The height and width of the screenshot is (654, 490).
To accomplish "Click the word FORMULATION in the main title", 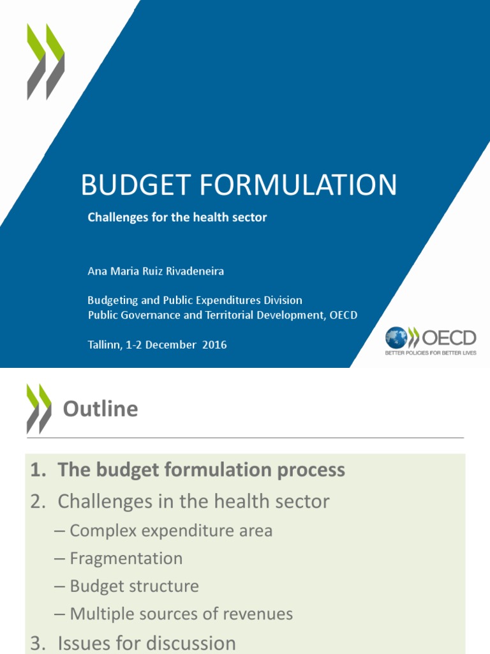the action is [x=298, y=185].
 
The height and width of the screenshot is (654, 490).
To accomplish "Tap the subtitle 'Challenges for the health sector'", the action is [x=177, y=217].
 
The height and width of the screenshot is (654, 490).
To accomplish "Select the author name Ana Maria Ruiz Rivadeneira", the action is [x=156, y=271].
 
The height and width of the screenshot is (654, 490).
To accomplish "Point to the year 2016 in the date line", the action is [x=214, y=344].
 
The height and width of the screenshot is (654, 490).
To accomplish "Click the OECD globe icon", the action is [x=396, y=337].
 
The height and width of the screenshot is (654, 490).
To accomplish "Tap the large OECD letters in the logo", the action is [x=449, y=338].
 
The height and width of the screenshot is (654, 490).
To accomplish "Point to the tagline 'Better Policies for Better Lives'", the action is [x=431, y=353].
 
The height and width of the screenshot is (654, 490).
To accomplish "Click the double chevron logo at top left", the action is [x=46, y=62].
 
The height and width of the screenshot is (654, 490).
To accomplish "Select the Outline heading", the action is [x=100, y=409].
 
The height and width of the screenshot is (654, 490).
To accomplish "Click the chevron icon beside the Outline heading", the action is [x=39, y=409].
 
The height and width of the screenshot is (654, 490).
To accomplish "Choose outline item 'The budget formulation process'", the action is [x=201, y=469].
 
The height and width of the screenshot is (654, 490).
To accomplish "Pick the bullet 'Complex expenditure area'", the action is [x=171, y=531].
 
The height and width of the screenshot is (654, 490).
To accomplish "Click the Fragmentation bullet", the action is [x=126, y=558].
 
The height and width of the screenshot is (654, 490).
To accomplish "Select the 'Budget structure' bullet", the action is [x=134, y=586].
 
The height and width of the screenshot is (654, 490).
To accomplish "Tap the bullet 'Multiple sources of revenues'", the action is [x=181, y=614].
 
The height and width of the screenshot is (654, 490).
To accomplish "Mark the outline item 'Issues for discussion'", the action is [x=147, y=643].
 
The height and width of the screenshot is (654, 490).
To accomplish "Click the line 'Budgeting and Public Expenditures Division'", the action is [x=195, y=300].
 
